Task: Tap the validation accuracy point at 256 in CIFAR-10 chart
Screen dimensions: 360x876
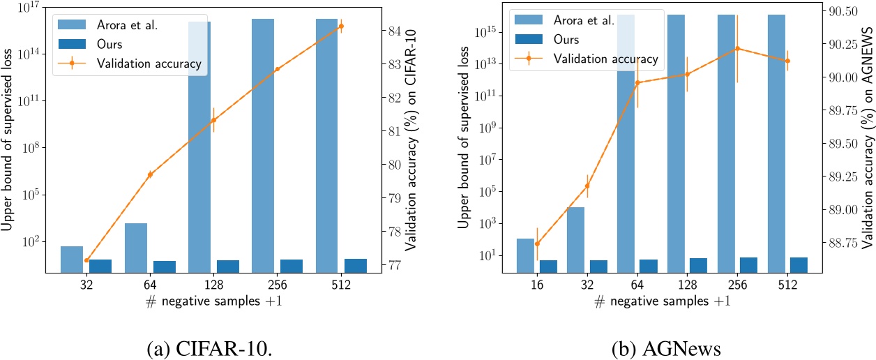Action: (277, 69)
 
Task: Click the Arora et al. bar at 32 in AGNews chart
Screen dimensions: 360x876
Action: (575, 239)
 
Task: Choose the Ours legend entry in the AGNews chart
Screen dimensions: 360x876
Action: (587, 40)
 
